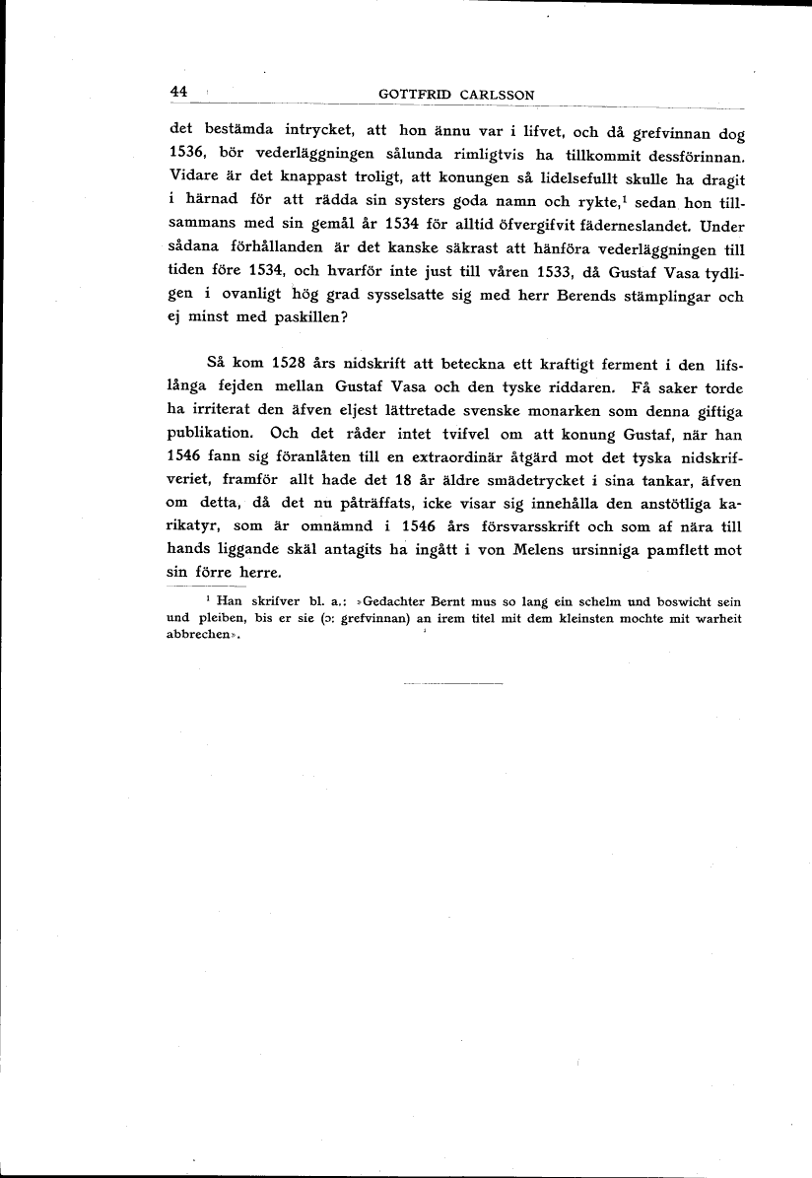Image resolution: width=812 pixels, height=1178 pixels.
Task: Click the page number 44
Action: pyautogui.click(x=178, y=92)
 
